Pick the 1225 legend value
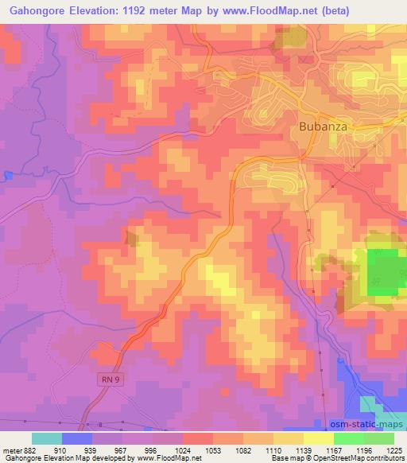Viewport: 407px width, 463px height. [x=394, y=449]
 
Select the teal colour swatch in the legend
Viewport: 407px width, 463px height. [x=47, y=438]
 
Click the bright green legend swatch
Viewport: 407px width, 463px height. [x=348, y=438]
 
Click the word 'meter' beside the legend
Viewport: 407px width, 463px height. [x=13, y=449]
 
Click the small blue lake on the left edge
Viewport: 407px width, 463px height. [x=7, y=175]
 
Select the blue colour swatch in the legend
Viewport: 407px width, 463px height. [x=77, y=438]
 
